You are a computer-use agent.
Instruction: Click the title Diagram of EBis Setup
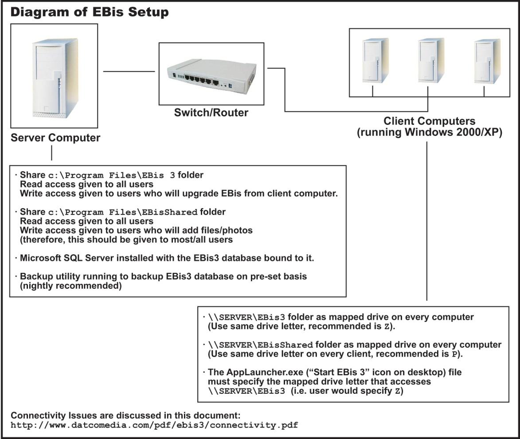pyautogui.click(x=89, y=12)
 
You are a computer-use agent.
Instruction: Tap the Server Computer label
pyautogui.click(x=55, y=138)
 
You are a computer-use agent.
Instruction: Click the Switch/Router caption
pyautogui.click(x=211, y=113)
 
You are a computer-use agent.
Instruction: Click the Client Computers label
pyautogui.click(x=429, y=121)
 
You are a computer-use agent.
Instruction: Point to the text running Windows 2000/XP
pyautogui.click(x=429, y=132)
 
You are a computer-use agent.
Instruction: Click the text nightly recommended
pyautogui.click(x=70, y=286)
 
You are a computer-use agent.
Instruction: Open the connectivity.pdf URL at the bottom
pyautogui.click(x=154, y=425)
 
